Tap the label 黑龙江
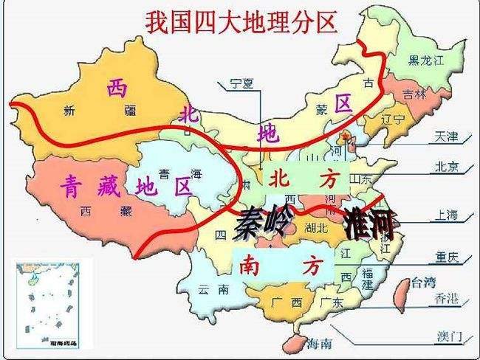(427, 60)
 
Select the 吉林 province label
(415, 94)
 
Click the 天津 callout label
(447, 136)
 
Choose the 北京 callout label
(447, 165)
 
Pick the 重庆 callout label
(447, 257)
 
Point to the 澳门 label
(448, 336)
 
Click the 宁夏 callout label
(241, 83)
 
